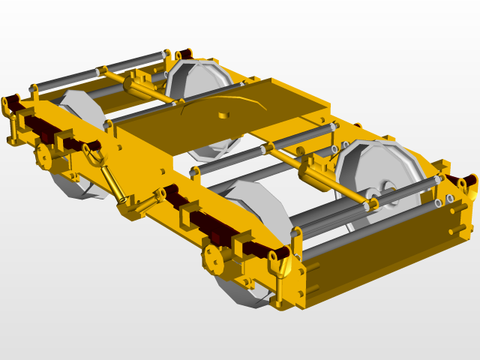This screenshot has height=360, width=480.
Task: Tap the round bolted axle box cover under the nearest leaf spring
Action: tap(216, 259)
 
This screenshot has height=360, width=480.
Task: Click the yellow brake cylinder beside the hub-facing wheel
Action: tap(313, 175)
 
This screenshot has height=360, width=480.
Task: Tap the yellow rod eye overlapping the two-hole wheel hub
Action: tap(370, 196)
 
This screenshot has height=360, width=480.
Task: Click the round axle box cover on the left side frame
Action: tap(43, 157)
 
